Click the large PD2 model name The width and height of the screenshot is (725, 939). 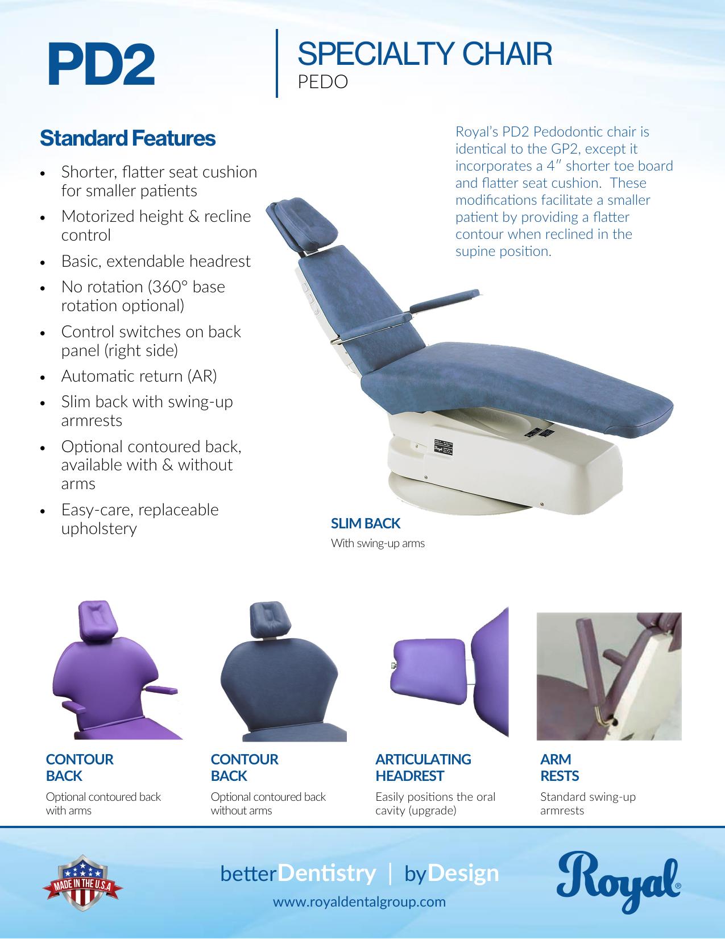click(x=101, y=64)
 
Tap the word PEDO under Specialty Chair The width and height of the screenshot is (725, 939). click(x=323, y=82)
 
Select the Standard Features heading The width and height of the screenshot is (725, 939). click(x=127, y=138)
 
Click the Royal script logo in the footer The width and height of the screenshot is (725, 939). click(x=618, y=882)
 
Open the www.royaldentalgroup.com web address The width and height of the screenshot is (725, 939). click(x=359, y=902)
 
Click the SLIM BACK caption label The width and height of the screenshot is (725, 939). click(x=366, y=523)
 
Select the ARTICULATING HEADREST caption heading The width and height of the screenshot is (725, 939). click(x=423, y=767)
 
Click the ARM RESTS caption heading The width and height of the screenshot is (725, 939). click(x=560, y=767)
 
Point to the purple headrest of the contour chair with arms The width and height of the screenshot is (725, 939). click(x=98, y=620)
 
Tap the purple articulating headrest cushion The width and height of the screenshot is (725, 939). click(x=428, y=671)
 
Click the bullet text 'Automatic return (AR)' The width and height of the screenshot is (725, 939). click(x=139, y=376)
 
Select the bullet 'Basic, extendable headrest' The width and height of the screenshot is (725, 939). click(x=156, y=261)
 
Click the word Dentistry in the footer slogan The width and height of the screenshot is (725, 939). click(x=326, y=874)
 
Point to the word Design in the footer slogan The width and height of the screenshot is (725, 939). click(x=463, y=874)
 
